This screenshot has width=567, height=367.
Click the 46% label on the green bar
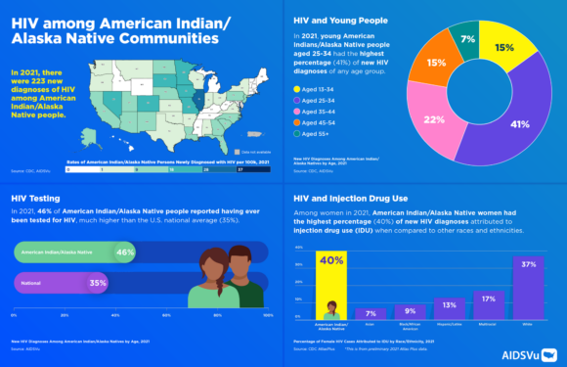pos(124,252)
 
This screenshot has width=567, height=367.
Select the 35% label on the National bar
pos(97,283)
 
